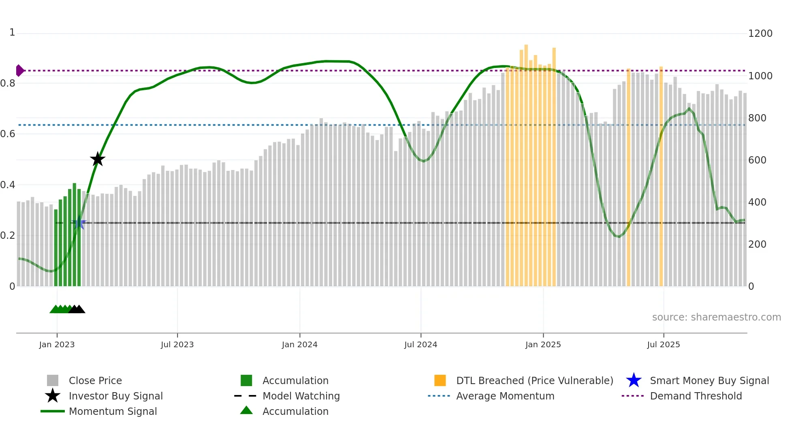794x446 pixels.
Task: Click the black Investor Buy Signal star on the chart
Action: coord(97,159)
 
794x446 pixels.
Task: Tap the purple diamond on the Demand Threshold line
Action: coord(19,70)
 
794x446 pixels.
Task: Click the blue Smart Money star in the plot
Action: coord(79,223)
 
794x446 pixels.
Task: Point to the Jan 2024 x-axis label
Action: coord(299,344)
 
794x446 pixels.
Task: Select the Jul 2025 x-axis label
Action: coord(663,344)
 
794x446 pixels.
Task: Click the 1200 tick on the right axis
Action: coord(760,34)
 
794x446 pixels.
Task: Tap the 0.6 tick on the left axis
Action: coord(8,134)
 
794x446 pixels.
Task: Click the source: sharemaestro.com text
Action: coord(716,317)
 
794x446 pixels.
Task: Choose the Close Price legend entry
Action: coord(95,380)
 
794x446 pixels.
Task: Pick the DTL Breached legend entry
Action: coord(534,380)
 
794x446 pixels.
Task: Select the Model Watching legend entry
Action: coord(301,396)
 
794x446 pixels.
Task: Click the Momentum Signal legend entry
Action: coord(113,411)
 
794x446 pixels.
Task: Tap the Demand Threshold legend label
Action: coord(696,396)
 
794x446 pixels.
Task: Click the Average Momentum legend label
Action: coord(505,396)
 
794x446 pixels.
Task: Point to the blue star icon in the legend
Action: coord(634,380)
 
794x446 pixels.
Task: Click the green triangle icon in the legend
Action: coord(246,410)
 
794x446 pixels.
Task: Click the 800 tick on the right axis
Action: coord(757,118)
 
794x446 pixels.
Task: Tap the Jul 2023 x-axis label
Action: coord(177,344)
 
